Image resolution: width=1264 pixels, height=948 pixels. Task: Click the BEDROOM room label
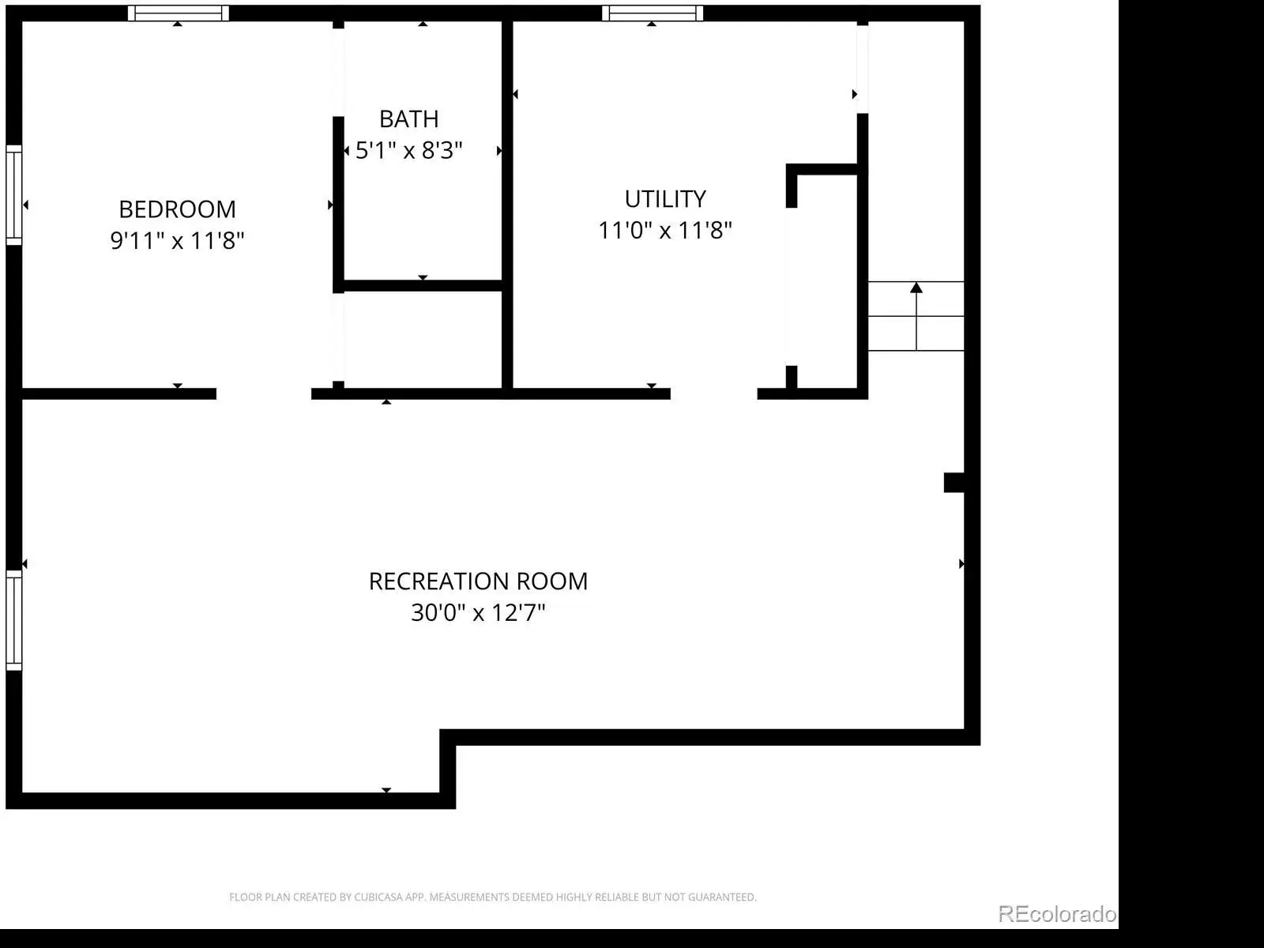(178, 209)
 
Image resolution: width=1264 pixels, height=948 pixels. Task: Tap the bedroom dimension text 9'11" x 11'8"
(178, 241)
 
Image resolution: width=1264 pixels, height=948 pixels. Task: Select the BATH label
(409, 119)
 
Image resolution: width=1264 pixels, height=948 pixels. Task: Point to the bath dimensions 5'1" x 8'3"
(409, 150)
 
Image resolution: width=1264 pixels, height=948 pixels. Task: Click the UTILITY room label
(665, 199)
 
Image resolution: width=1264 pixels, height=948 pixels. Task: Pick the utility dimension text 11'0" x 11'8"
(665, 230)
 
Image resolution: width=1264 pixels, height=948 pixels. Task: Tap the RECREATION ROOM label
(478, 581)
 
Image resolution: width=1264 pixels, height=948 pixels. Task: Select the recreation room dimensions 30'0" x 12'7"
(478, 612)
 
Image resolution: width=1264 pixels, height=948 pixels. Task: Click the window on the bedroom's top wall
(179, 13)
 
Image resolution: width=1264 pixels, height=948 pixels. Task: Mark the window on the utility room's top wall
(653, 13)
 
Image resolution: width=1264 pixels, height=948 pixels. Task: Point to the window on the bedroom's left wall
(13, 196)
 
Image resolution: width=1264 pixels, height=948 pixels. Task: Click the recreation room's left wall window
(13, 620)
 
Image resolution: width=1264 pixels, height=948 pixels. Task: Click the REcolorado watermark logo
(1057, 914)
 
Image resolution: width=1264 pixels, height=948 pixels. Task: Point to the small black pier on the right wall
(954, 483)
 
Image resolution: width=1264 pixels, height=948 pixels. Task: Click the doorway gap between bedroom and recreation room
(264, 393)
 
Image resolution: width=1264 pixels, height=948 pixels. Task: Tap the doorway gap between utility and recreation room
(714, 393)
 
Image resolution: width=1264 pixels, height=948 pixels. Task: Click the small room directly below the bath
(423, 340)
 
